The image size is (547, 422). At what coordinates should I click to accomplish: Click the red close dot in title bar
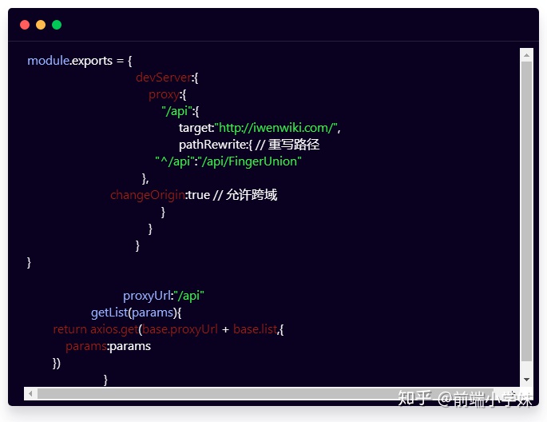click(x=25, y=25)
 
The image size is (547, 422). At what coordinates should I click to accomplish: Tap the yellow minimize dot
click(x=41, y=25)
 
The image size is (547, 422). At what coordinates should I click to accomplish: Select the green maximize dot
click(x=57, y=25)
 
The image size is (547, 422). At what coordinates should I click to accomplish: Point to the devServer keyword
click(x=164, y=78)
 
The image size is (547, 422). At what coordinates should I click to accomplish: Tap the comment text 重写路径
click(x=294, y=145)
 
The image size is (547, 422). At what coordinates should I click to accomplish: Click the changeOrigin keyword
click(x=147, y=195)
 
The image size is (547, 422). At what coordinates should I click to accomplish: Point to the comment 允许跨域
click(x=252, y=195)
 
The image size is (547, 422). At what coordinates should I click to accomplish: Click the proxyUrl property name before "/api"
click(x=146, y=296)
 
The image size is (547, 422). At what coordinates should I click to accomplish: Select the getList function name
click(x=109, y=313)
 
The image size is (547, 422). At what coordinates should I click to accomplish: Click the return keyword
click(x=69, y=329)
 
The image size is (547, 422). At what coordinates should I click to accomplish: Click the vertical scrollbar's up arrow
click(x=526, y=55)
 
